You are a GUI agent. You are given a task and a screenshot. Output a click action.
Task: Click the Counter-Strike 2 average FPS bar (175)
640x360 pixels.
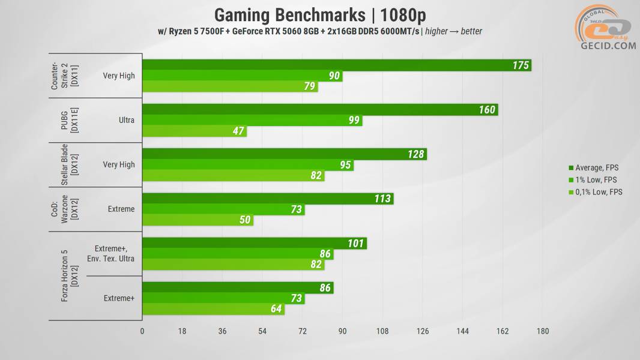(336, 65)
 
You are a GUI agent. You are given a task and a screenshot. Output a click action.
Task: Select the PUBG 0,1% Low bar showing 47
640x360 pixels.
(194, 131)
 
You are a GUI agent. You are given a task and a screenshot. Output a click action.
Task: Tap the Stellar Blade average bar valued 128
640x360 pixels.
(284, 154)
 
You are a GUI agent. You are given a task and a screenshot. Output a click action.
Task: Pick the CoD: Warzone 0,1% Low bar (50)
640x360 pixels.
(198, 220)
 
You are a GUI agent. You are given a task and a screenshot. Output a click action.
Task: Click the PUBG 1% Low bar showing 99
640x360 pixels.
(252, 121)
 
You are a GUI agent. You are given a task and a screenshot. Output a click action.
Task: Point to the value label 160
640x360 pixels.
(487, 110)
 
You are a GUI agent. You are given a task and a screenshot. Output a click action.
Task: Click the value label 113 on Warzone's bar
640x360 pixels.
(382, 199)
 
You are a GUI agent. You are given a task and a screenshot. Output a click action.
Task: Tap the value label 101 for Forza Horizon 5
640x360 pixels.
(356, 244)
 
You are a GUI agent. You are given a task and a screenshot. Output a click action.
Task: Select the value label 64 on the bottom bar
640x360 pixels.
(275, 309)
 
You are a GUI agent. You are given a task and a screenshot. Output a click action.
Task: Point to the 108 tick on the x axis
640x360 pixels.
(382, 331)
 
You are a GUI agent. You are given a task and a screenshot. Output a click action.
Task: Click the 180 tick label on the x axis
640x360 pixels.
(543, 331)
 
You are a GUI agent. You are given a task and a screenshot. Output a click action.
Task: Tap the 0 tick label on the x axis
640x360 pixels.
(142, 331)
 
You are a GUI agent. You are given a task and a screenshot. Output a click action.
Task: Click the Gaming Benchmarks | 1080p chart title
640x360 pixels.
(320, 14)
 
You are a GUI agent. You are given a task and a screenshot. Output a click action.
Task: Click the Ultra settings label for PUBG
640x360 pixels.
(127, 120)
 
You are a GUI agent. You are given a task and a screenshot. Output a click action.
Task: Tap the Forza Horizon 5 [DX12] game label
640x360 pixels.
(69, 276)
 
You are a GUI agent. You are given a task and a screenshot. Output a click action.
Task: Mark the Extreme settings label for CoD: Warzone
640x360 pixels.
(121, 209)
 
